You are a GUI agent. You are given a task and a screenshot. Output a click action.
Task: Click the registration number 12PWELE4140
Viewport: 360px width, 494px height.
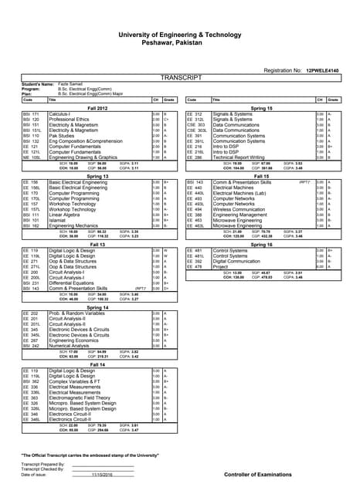pos(322,70)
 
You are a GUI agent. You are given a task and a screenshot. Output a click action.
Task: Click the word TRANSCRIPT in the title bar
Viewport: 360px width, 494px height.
pos(181,78)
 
